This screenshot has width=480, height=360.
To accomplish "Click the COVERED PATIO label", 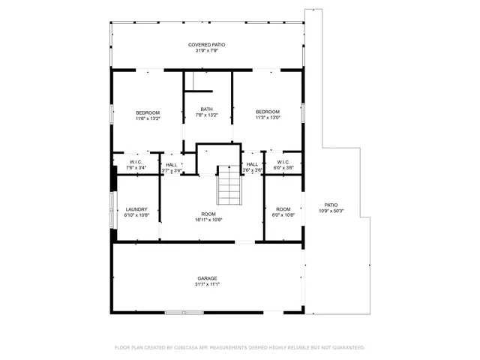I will click(206, 45).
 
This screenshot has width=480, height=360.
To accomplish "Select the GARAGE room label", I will click(207, 278).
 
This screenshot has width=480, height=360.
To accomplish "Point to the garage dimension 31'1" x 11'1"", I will click(207, 284).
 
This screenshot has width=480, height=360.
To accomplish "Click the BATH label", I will click(206, 109).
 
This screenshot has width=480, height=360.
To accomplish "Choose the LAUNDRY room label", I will click(136, 209).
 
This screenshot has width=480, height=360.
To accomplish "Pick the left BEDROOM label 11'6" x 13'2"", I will click(148, 112).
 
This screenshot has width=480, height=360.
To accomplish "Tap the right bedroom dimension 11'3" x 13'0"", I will click(268, 118).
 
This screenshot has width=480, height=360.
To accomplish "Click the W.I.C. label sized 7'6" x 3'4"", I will click(136, 163).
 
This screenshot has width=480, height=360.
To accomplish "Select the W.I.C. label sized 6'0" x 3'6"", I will click(283, 163).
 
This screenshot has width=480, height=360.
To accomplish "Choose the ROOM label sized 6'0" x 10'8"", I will click(283, 209).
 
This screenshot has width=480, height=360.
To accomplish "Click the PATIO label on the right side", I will click(331, 205).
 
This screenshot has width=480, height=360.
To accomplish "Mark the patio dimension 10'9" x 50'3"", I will click(331, 211).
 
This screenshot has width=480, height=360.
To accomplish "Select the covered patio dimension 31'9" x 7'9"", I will click(206, 51).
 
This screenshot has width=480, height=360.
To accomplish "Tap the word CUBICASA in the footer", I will click(187, 348).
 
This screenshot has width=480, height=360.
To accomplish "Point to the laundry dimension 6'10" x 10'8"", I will click(136, 215).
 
